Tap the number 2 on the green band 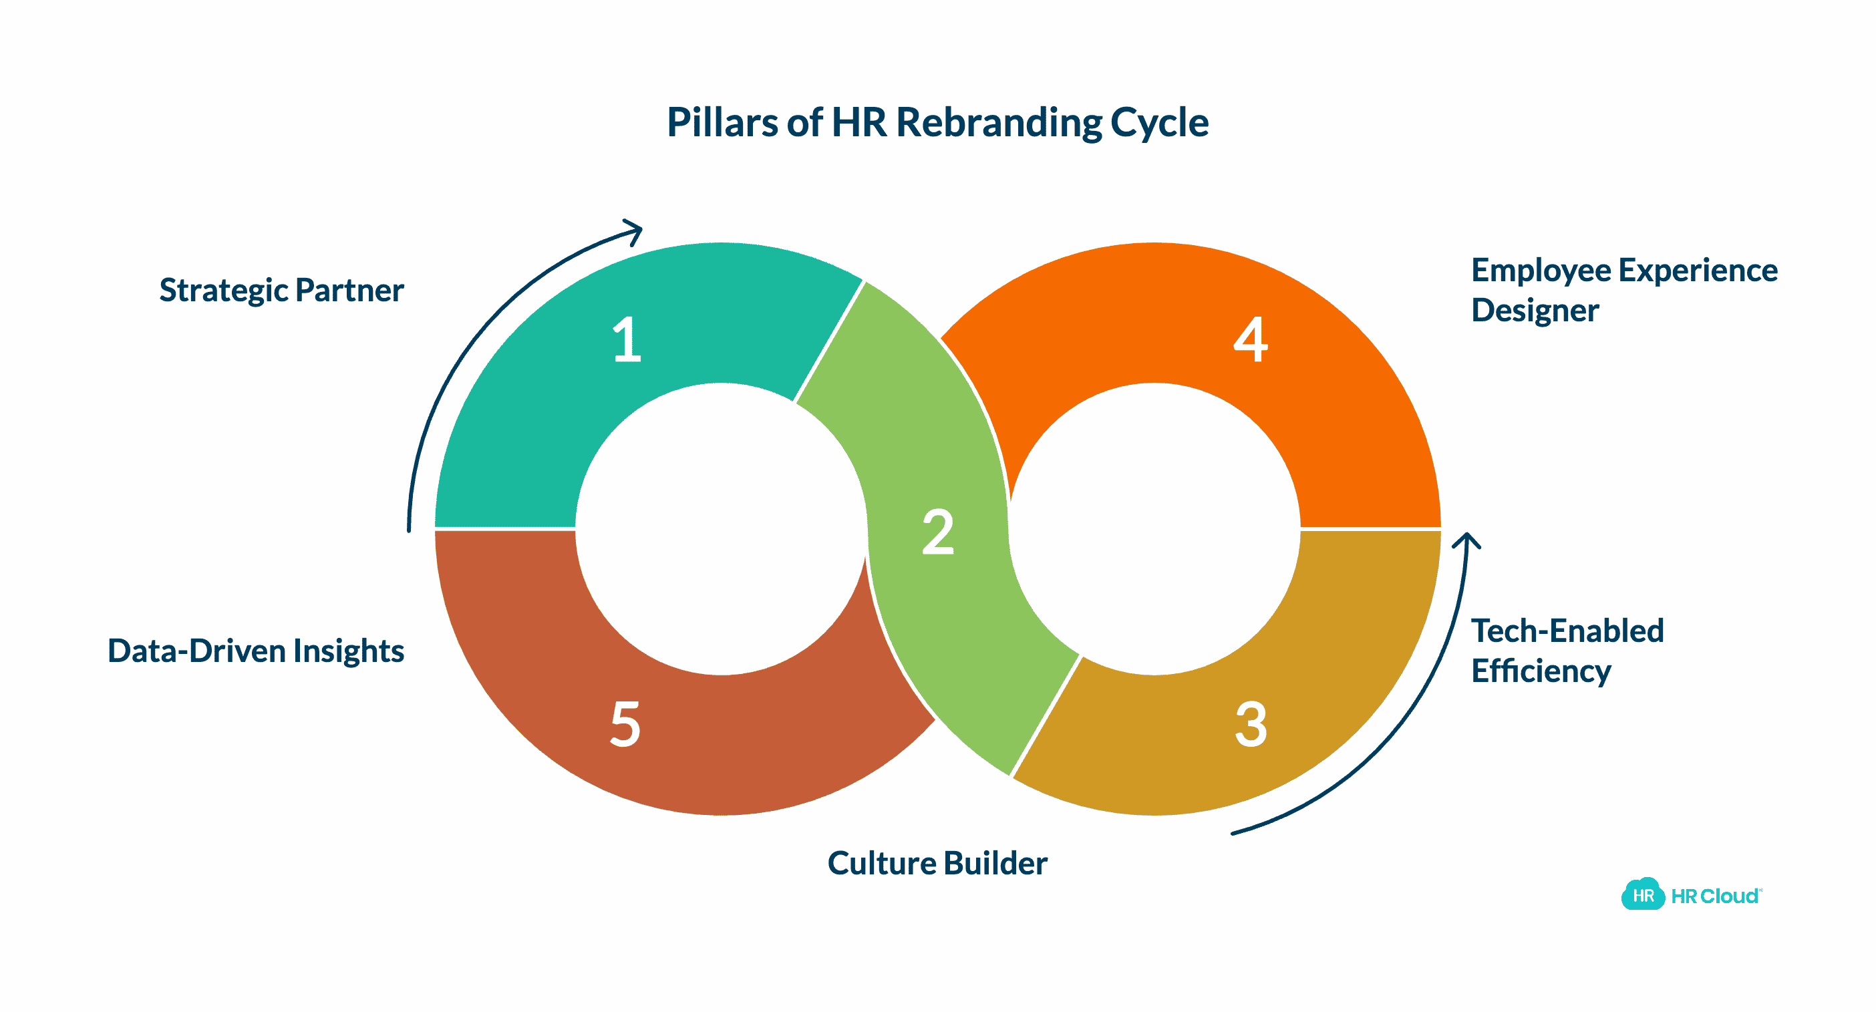937,532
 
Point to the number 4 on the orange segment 1251,339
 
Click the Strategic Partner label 281,291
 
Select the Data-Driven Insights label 256,651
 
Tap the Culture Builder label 937,864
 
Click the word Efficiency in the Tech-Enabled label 1541,671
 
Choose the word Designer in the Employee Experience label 1535,311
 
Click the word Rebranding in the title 998,122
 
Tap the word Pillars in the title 722,122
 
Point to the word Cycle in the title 1159,122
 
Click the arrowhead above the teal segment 633,231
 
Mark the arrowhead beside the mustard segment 1466,541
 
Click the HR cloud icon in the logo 1643,895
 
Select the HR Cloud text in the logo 1714,896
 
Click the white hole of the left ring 721,528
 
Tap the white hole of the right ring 1154,528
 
